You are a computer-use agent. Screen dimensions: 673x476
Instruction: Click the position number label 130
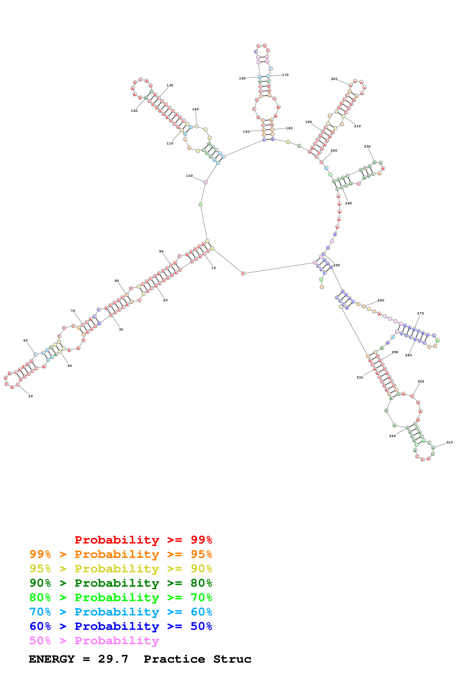point(170,85)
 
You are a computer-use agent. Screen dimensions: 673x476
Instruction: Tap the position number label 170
point(285,75)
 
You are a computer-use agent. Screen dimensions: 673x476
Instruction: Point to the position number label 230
point(367,147)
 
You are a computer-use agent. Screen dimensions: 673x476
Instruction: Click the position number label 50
point(31,396)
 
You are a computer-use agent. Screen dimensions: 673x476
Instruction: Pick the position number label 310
point(449,442)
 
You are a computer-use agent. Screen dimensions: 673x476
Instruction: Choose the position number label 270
point(420,313)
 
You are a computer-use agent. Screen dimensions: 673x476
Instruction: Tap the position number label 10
point(214,268)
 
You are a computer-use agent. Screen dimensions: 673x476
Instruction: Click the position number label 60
point(26,341)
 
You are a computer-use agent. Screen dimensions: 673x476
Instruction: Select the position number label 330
point(360,378)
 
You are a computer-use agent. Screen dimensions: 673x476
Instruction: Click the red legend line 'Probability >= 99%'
point(143,540)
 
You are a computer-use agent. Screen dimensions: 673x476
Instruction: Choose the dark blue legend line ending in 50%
point(121,626)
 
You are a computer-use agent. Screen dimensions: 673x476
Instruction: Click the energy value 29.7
point(113,659)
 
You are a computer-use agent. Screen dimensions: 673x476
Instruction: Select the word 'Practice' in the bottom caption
point(174,659)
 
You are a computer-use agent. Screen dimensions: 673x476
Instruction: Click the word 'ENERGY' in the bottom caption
point(52,659)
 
